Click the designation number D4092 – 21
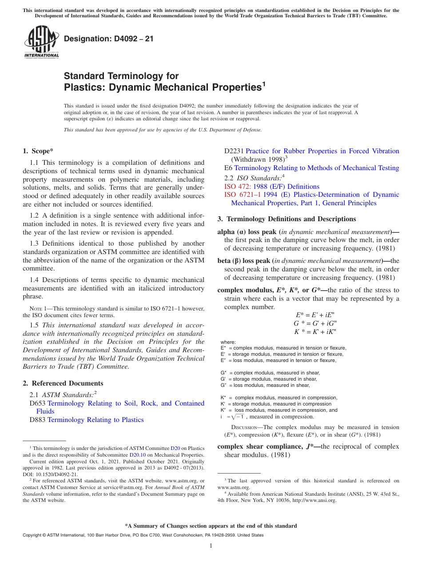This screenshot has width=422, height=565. [109, 39]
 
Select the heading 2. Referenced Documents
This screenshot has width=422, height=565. [63, 383]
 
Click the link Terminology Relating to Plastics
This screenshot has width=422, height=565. [96, 420]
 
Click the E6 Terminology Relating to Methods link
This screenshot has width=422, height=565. [316, 168]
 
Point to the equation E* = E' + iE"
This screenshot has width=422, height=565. [316, 314]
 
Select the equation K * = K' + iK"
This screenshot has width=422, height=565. [316, 331]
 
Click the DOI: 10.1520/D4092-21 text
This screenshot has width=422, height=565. [50, 474]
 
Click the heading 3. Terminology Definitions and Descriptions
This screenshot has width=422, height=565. [287, 219]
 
